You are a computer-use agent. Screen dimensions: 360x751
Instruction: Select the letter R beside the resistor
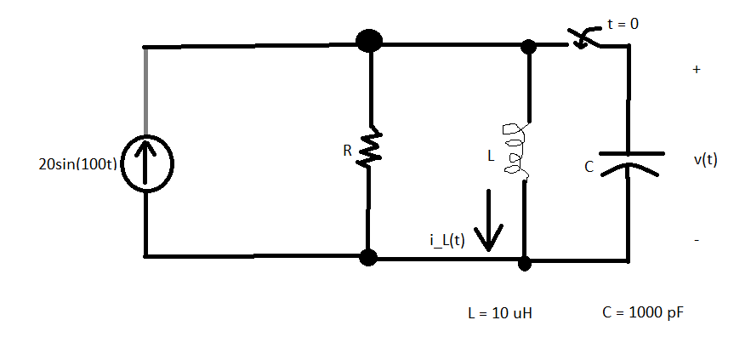pyautogui.click(x=347, y=151)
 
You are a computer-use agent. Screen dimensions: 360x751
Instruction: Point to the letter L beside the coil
pyautogui.click(x=489, y=157)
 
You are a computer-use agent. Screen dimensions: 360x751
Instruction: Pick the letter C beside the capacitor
pyautogui.click(x=589, y=168)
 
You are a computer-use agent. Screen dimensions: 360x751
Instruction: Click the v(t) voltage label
pyautogui.click(x=705, y=159)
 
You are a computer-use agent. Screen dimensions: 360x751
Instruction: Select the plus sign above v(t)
pyautogui.click(x=697, y=71)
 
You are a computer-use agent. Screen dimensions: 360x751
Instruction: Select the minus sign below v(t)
pyautogui.click(x=697, y=242)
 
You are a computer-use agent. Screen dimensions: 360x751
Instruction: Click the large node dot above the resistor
pyautogui.click(x=369, y=40)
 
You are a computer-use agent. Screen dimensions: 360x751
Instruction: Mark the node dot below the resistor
pyautogui.click(x=368, y=256)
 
